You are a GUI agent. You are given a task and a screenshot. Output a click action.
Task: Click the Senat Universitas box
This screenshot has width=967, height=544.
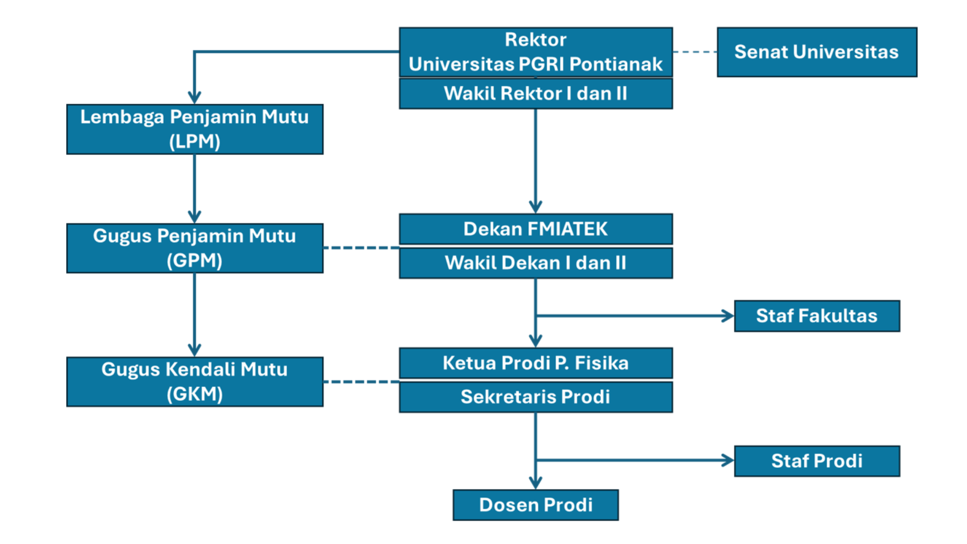pos(816,52)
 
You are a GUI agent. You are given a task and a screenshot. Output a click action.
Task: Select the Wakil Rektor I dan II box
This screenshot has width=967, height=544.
pos(535,94)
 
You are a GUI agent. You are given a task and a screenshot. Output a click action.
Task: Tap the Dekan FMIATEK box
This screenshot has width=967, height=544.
pos(535,229)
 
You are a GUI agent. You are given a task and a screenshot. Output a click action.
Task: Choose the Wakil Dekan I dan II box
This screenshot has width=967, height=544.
pos(535,263)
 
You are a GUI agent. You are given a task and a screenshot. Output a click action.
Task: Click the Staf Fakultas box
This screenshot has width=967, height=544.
pos(816,316)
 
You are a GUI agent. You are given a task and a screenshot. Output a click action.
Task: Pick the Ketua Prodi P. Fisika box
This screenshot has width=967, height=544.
pos(535,363)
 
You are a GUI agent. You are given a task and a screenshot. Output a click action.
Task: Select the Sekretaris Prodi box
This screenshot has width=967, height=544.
pos(535,397)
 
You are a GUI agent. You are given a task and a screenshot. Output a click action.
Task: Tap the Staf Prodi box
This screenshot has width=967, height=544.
pos(816,461)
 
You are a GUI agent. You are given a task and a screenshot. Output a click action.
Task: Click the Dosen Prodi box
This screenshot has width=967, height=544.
pos(535,505)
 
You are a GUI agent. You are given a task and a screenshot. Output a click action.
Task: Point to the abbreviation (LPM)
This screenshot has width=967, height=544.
pos(194,142)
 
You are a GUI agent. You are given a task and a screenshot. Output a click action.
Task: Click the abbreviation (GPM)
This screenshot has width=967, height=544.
pos(194,261)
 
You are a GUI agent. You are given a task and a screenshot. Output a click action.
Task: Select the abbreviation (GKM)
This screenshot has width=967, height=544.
pos(194,394)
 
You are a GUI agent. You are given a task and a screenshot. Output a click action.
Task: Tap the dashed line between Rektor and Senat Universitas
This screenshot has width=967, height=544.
pos(695,52)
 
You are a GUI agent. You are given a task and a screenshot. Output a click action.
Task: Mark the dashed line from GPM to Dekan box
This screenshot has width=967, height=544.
pos(361,248)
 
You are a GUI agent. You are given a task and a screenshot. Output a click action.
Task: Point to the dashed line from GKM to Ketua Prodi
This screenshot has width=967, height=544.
pos(361,382)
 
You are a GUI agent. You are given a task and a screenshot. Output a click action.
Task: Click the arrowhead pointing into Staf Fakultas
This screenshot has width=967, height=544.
pos(728,316)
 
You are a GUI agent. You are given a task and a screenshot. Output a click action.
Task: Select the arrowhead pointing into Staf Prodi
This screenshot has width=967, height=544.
pos(728,460)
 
